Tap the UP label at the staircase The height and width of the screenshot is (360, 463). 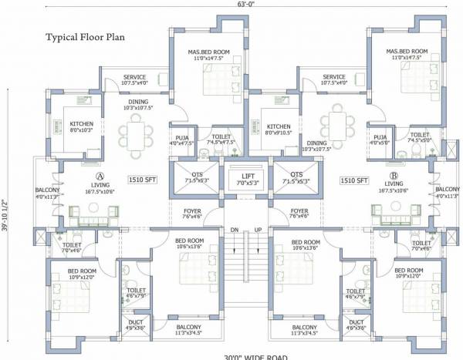(258, 230)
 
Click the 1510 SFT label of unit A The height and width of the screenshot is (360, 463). (142, 180)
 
